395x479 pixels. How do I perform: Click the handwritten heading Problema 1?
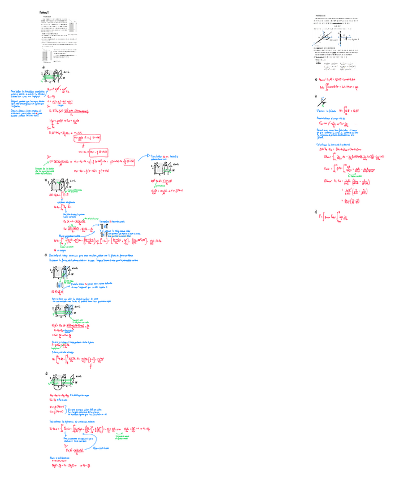tap(45, 12)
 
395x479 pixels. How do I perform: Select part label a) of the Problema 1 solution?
tap(43, 67)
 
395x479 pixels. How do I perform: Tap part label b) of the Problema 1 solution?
tap(45, 181)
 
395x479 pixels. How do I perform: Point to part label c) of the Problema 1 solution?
tap(45, 255)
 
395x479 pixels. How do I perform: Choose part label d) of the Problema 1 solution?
tap(45, 374)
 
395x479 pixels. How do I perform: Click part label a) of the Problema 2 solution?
tap(316, 80)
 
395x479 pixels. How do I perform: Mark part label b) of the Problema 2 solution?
tap(316, 97)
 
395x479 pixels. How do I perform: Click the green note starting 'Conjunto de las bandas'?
tap(31, 171)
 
